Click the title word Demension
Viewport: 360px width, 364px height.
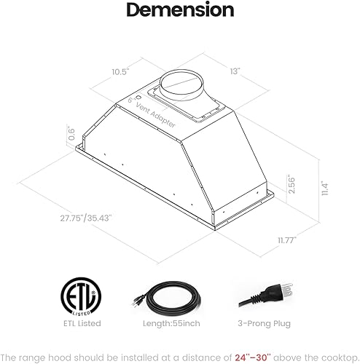point(179,11)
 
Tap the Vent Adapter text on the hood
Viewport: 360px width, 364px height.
point(155,114)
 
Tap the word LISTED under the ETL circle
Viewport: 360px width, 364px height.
point(81,309)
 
